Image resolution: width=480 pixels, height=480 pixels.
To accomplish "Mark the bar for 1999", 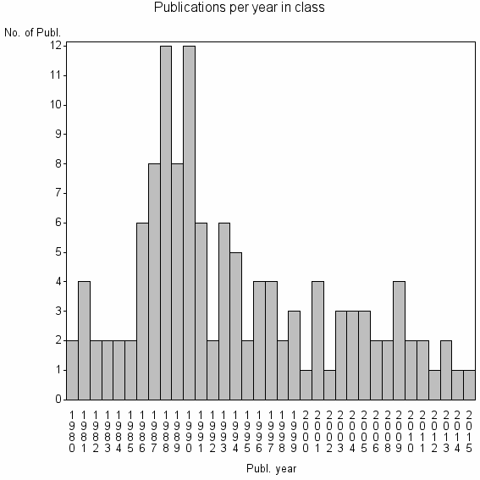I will click(294, 355).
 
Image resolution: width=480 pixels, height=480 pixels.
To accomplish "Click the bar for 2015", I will click(469, 384).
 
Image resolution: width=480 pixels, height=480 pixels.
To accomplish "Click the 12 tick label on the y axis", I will click(55, 46).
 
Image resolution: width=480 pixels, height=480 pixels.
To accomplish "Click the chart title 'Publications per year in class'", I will click(240, 8).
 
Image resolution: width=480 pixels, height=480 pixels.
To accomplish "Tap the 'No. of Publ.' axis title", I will click(33, 33).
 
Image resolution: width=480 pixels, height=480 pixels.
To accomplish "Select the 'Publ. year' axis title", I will click(272, 466).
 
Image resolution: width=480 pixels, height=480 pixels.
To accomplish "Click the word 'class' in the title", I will click(311, 8).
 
